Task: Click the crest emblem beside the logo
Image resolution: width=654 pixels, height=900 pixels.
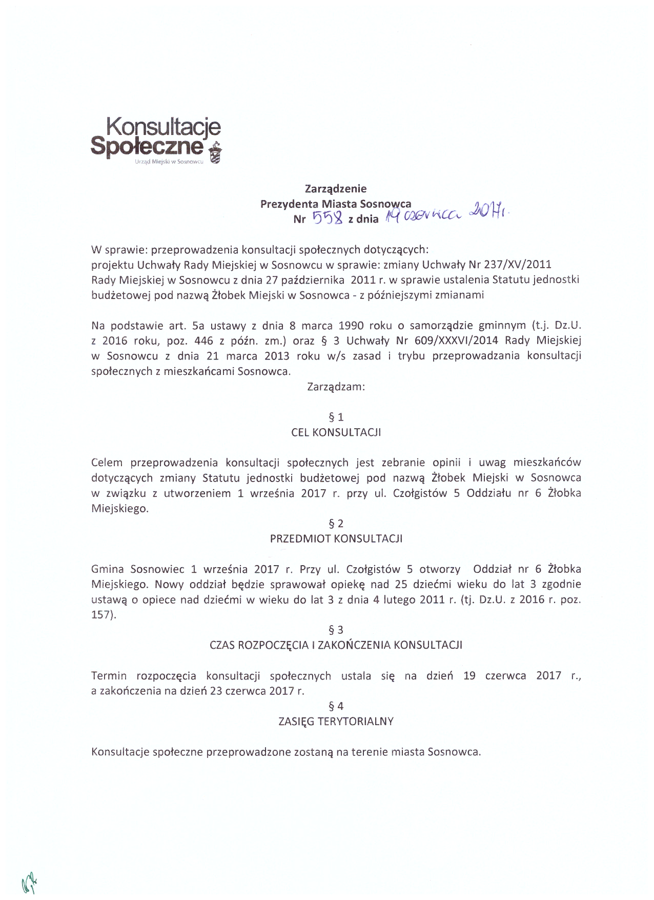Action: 216,152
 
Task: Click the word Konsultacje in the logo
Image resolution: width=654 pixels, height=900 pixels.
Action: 163,126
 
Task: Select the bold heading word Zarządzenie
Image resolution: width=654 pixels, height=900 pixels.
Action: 336,189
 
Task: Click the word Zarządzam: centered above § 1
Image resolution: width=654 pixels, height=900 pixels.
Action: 336,387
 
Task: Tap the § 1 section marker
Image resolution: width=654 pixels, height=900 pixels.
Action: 336,417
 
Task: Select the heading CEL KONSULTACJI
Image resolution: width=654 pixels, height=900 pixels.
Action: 336,432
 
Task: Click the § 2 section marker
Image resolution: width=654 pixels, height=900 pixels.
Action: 336,524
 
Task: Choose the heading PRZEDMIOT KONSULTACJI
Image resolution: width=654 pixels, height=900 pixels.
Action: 336,539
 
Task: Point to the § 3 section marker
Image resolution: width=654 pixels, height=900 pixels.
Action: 336,630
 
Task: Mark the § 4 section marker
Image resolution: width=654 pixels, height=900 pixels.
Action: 336,706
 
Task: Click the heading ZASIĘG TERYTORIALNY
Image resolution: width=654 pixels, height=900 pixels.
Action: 336,722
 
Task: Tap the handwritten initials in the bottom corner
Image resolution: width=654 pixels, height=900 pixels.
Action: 30,883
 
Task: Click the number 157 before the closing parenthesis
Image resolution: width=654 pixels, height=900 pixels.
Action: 101,615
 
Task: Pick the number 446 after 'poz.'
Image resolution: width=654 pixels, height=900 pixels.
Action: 203,341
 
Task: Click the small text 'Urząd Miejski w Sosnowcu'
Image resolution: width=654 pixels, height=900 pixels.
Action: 169,162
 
